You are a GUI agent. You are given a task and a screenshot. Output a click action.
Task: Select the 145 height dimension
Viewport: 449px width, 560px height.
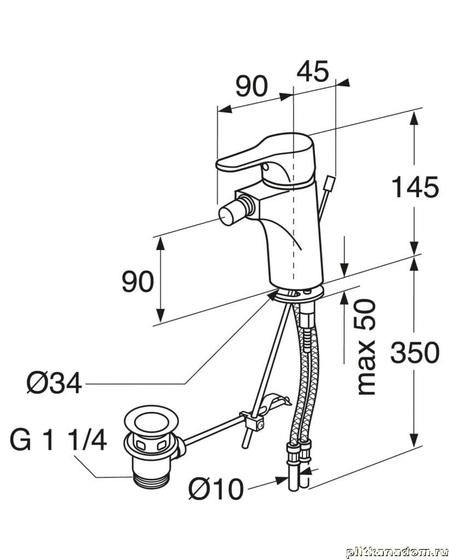pyautogui.click(x=415, y=188)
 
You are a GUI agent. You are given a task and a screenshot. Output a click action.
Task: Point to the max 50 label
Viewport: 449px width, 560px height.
pyautogui.click(x=366, y=347)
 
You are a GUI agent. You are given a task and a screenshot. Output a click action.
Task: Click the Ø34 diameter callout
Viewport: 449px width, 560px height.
pyautogui.click(x=54, y=383)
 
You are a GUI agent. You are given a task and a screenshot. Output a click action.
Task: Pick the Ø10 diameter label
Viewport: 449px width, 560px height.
pyautogui.click(x=215, y=488)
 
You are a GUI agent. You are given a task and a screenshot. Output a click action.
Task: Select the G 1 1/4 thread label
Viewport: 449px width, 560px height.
pyautogui.click(x=59, y=441)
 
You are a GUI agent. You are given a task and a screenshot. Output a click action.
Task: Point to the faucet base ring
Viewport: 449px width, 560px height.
pyautogui.click(x=295, y=295)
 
